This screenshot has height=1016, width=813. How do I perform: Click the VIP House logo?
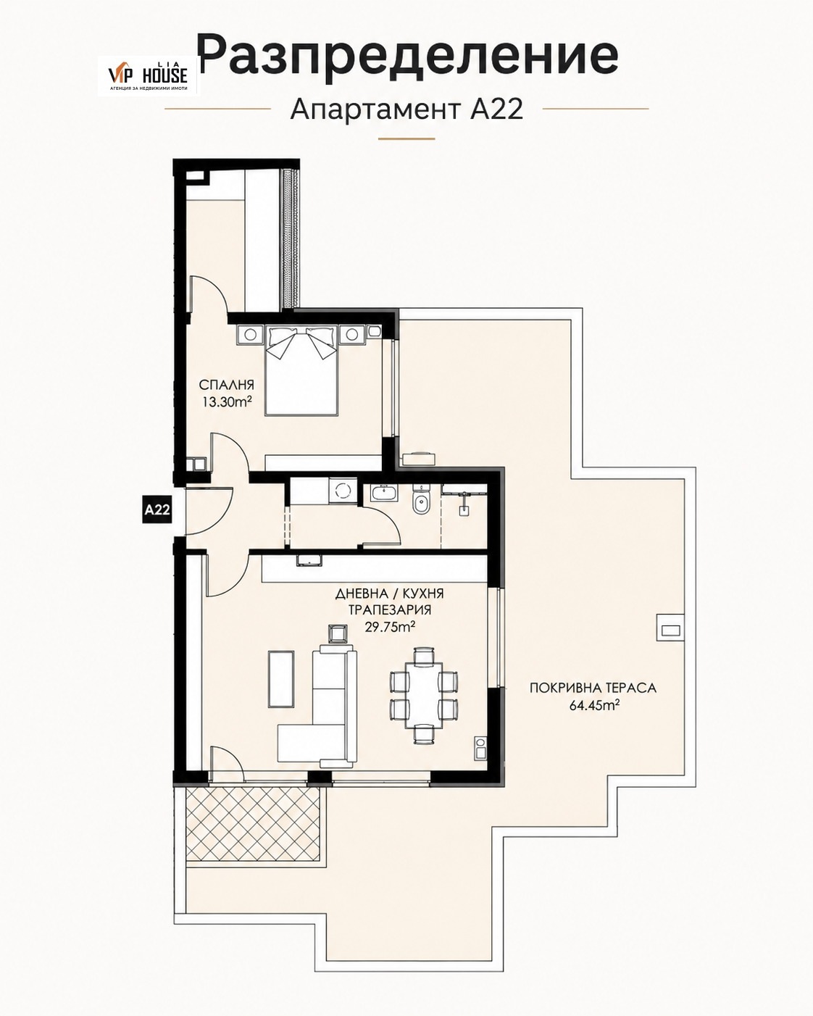pyautogui.click(x=149, y=75)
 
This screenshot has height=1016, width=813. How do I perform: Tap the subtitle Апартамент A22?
pyautogui.click(x=406, y=109)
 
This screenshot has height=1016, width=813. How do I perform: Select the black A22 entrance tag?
pyautogui.click(x=157, y=510)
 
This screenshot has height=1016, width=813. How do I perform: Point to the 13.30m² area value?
pyautogui.click(x=227, y=402)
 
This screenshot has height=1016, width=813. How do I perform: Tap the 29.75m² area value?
pyautogui.click(x=390, y=627)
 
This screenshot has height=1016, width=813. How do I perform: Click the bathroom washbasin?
pyautogui.click(x=385, y=493)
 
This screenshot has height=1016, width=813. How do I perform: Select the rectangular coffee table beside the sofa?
pyautogui.click(x=281, y=679)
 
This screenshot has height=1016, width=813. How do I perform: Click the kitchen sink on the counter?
pyautogui.click(x=309, y=560)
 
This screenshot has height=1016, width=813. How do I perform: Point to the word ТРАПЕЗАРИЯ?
pyautogui.click(x=390, y=609)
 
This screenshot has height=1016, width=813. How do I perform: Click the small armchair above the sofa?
pyautogui.click(x=338, y=633)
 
